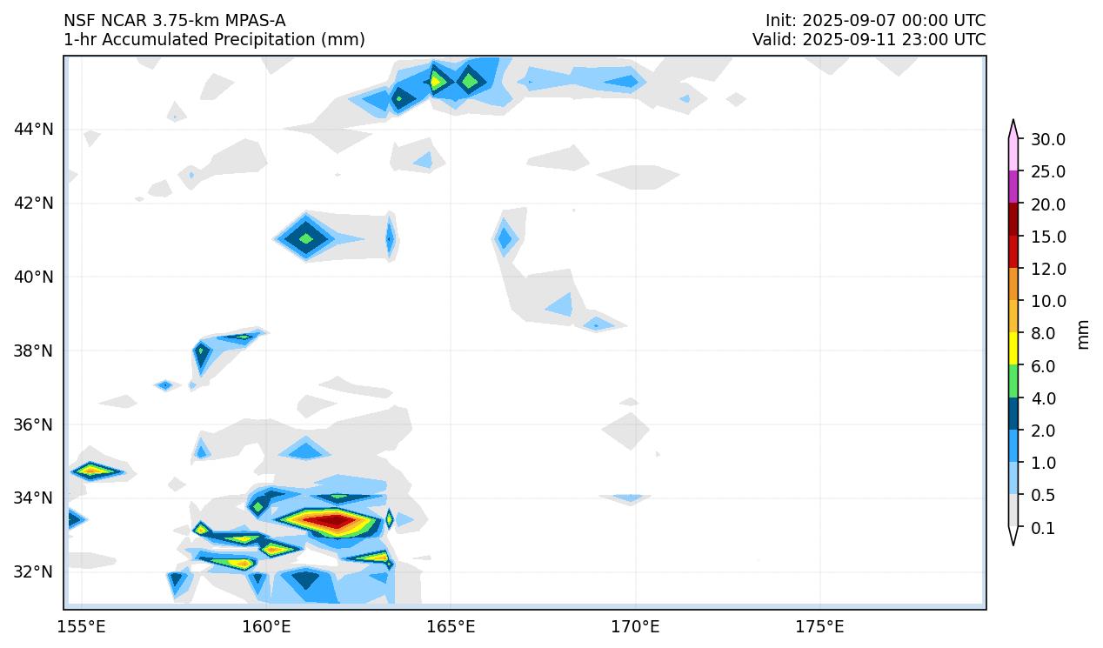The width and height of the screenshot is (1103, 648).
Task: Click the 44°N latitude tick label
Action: tap(33, 130)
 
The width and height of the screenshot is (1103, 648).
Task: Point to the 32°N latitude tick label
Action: tap(33, 571)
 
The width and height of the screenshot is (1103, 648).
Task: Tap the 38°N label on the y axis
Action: tap(33, 351)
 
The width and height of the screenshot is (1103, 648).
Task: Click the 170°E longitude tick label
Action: tap(635, 626)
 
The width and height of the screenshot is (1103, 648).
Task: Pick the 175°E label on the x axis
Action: tap(819, 626)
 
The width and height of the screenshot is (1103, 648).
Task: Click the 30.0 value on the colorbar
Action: tap(1047, 139)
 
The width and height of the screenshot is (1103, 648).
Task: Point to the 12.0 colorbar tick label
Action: tap(1047, 269)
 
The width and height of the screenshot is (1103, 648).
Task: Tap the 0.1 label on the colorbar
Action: tap(1042, 528)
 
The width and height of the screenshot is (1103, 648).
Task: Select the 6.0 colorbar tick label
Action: tap(1042, 366)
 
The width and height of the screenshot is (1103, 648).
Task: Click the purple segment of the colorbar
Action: tap(1013, 187)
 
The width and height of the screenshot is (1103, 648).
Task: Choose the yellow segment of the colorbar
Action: tap(1013, 349)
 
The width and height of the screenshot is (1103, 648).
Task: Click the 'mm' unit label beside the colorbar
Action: tap(1083, 334)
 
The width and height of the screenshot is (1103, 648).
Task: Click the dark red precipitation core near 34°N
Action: tap(332, 521)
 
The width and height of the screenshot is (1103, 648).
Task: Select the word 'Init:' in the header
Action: tap(781, 20)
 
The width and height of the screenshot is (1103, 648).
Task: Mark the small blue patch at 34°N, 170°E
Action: tap(627, 498)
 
